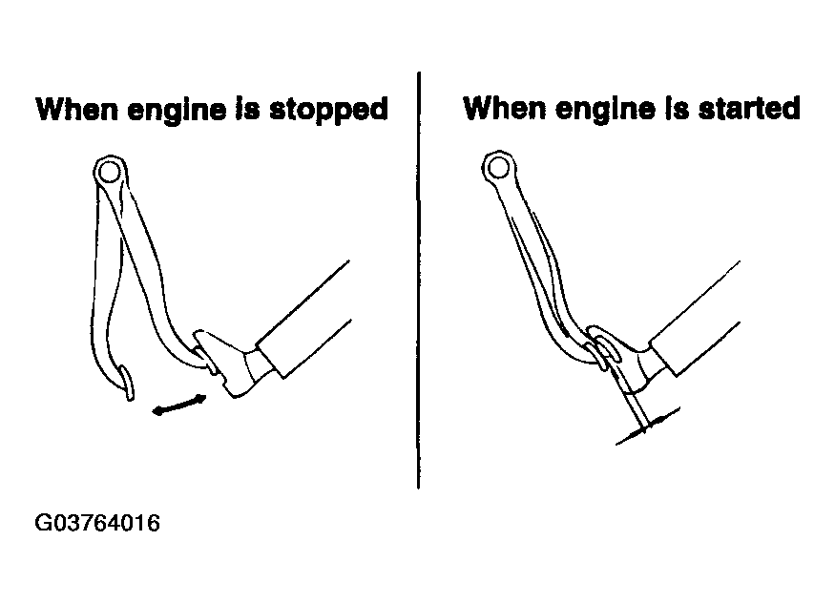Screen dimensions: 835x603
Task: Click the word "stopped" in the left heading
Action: pyautogui.click(x=328, y=111)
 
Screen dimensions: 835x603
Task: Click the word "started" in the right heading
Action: pyautogui.click(x=749, y=108)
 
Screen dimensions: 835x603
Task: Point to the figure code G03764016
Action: pyautogui.click(x=97, y=523)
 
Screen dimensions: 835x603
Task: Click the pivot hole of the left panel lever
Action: pyautogui.click(x=109, y=173)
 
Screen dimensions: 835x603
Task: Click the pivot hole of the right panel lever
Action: pyautogui.click(x=499, y=168)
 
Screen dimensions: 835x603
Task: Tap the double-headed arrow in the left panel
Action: pyautogui.click(x=179, y=405)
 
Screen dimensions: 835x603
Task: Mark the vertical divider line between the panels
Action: pyautogui.click(x=419, y=280)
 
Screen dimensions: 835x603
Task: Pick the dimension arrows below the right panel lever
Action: pyautogui.click(x=647, y=426)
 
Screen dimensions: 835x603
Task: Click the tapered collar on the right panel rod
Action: pyautogui.click(x=650, y=367)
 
